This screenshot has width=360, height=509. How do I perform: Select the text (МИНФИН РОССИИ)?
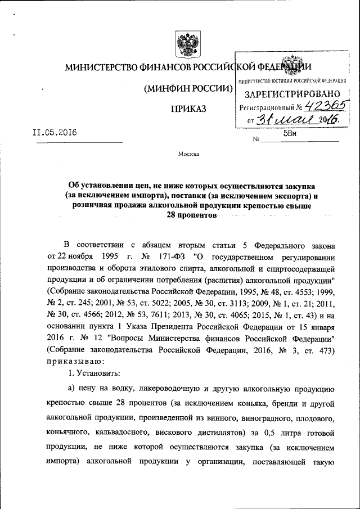[x=188, y=89]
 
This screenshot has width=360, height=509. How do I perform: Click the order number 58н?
[x=298, y=134]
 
